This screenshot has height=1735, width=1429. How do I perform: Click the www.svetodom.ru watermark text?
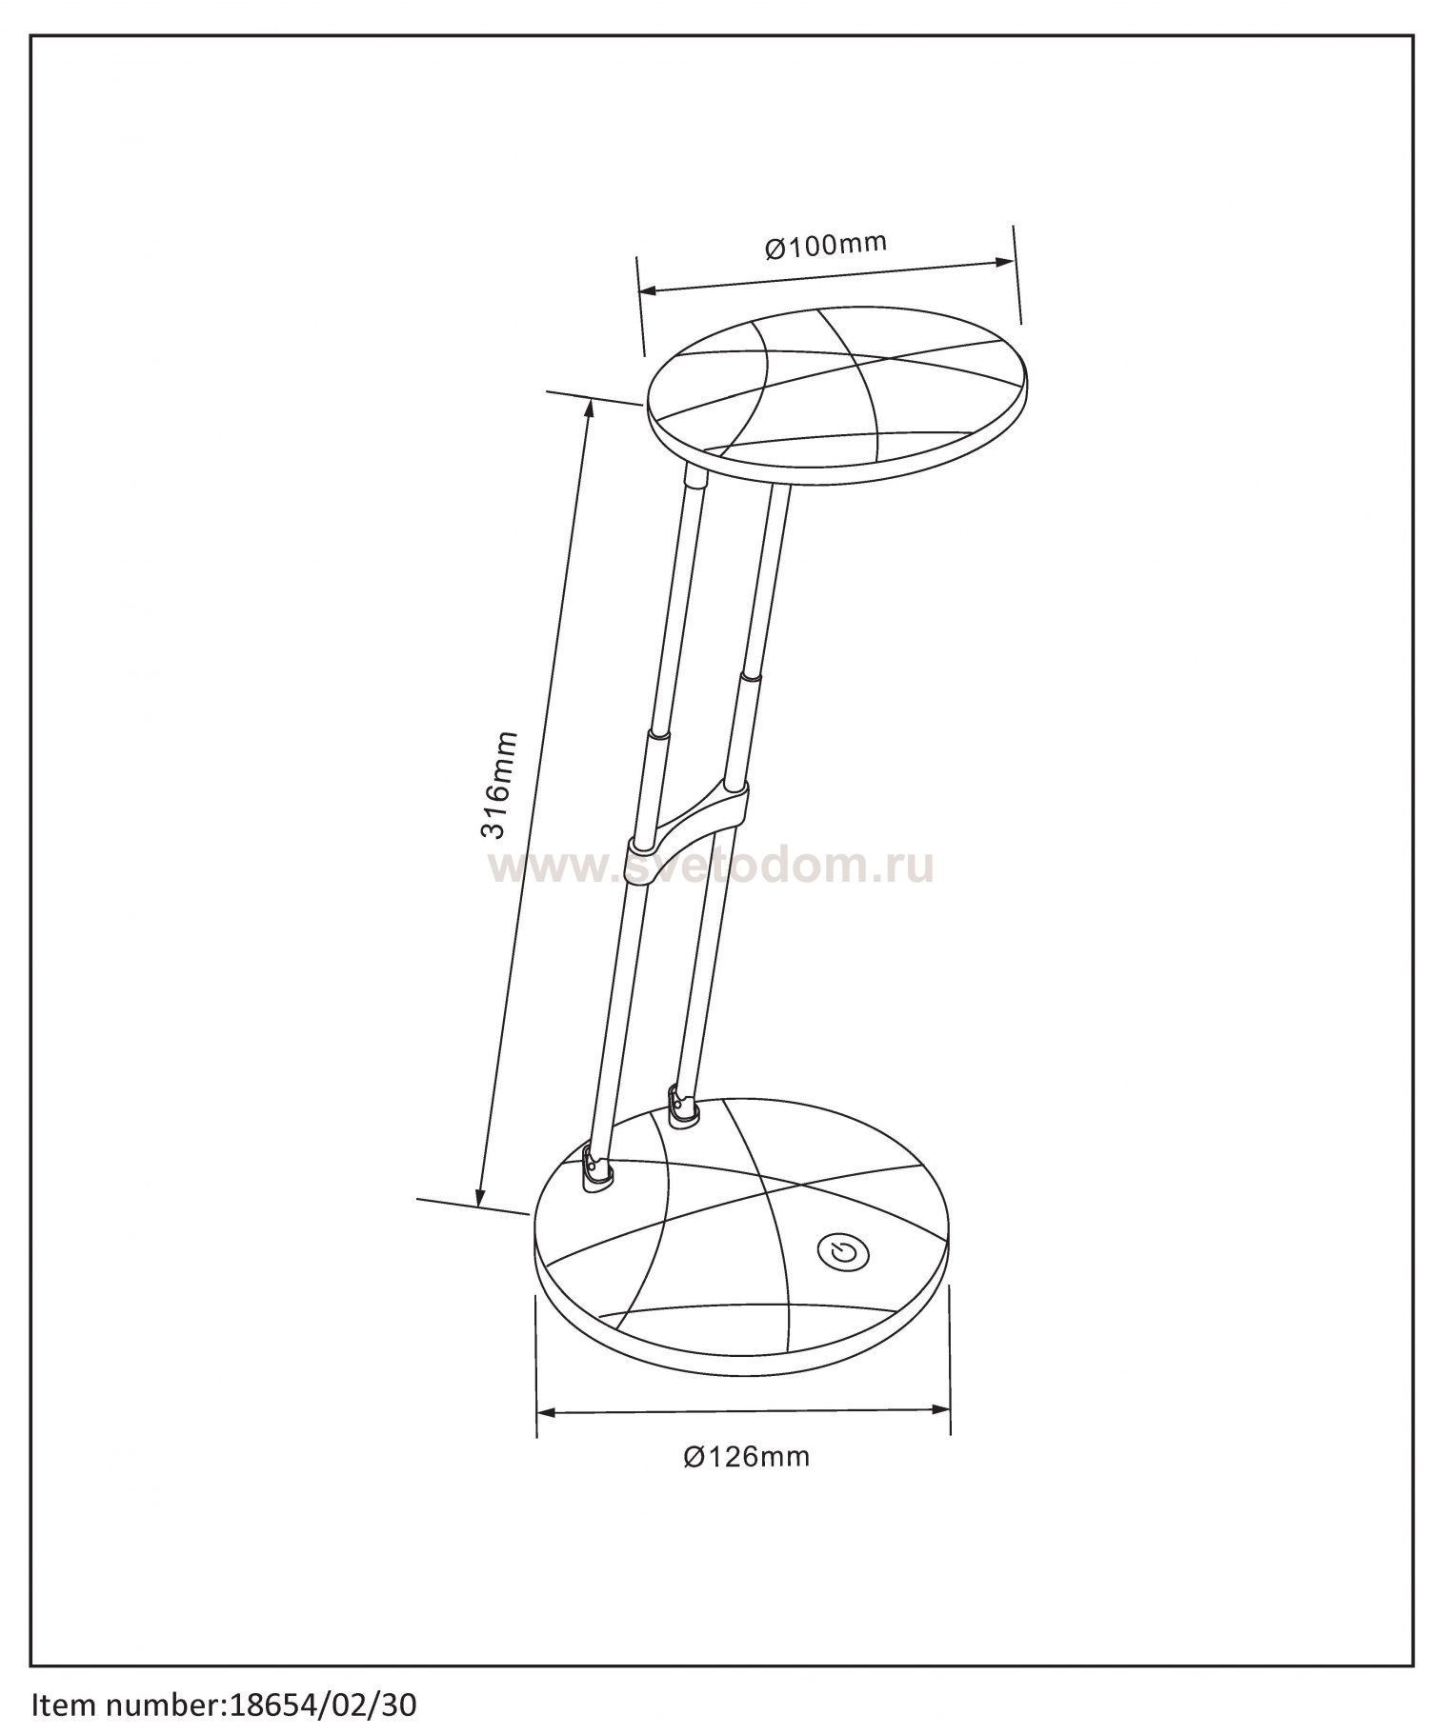pyautogui.click(x=712, y=867)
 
